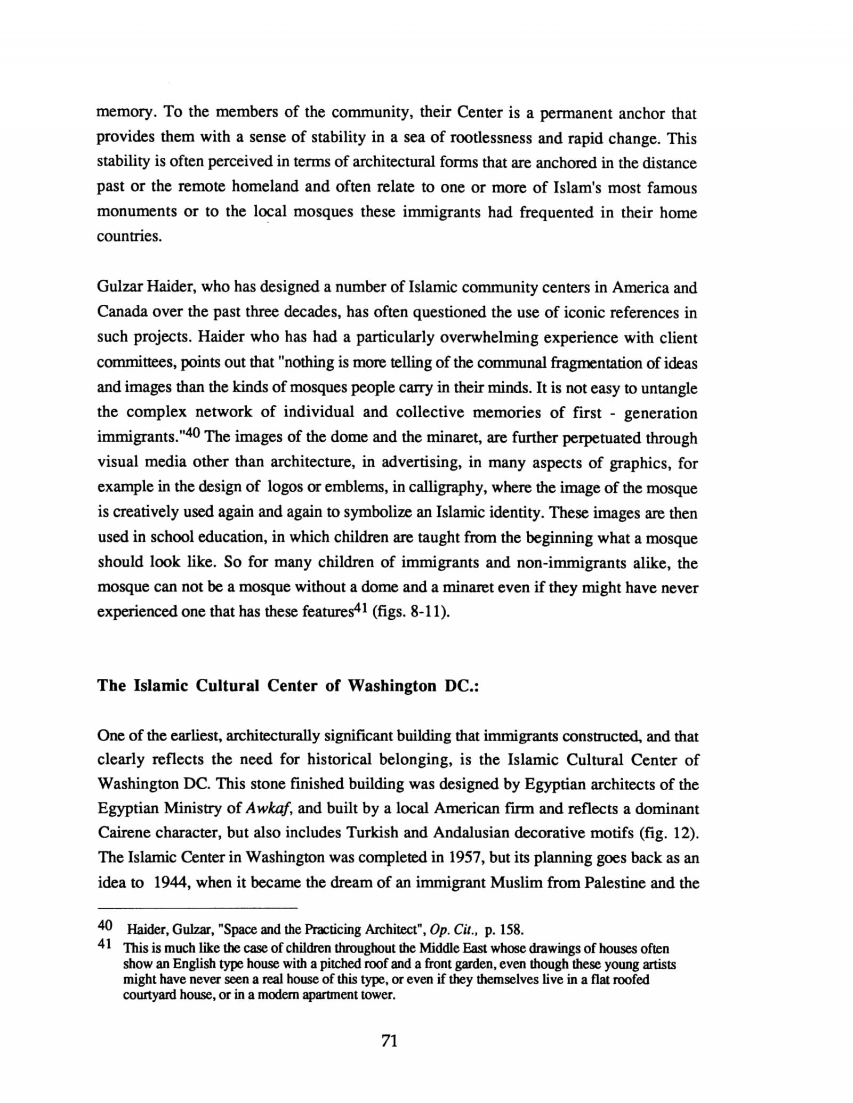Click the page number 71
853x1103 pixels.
(x=390, y=1041)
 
